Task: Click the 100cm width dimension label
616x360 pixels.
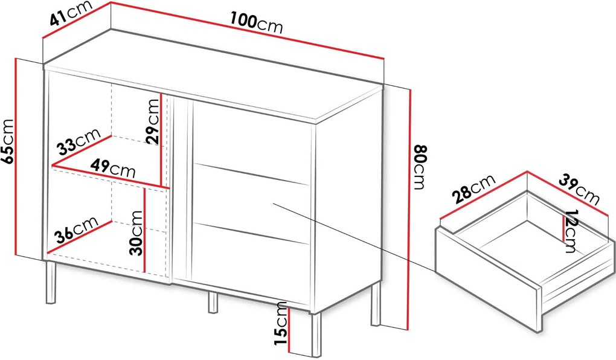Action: point(256,23)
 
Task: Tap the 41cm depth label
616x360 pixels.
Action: point(71,13)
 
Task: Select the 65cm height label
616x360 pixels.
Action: point(8,141)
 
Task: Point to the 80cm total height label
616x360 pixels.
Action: point(420,167)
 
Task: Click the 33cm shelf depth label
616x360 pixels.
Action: point(79,141)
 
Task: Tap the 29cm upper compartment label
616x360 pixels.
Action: point(152,121)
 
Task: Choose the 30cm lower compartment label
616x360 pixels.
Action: point(136,233)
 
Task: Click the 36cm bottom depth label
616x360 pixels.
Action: point(76,229)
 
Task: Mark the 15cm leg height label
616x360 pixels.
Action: point(281,323)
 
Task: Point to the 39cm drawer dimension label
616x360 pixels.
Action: point(579,191)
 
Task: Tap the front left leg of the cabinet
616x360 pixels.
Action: point(51,282)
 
